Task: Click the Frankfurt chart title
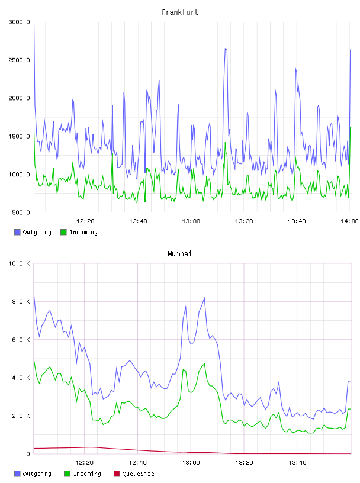click(180, 12)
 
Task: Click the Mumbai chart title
click(179, 254)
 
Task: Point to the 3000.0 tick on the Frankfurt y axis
click(19, 22)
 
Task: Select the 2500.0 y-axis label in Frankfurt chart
click(19, 60)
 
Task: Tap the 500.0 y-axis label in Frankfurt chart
click(21, 212)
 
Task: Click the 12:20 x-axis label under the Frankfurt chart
click(85, 221)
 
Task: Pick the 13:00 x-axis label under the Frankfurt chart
click(191, 221)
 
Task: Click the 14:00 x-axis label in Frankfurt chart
click(349, 221)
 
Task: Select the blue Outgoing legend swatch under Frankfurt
click(17, 232)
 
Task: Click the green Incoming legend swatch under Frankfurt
click(63, 232)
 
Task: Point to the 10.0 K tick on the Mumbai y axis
click(19, 263)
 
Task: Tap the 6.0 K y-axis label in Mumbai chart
click(21, 340)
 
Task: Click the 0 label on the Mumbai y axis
click(28, 454)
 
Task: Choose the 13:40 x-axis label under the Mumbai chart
click(297, 463)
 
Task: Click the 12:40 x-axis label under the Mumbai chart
click(137, 463)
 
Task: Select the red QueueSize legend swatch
click(117, 474)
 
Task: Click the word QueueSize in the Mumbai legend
click(138, 474)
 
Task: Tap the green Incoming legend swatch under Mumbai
click(67, 474)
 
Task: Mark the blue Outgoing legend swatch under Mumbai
click(17, 474)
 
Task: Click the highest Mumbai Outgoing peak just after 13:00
click(204, 298)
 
